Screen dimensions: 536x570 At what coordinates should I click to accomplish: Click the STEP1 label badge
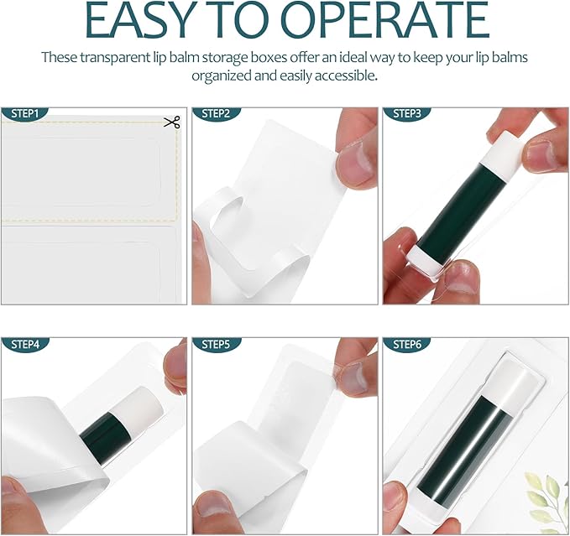(24, 113)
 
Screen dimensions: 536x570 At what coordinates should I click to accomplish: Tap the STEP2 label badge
(215, 113)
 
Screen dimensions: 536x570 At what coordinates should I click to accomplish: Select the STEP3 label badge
(405, 113)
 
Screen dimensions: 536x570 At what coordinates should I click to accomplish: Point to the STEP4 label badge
(24, 344)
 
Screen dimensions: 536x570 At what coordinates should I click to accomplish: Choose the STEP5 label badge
(215, 344)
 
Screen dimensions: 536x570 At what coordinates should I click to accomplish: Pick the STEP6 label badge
(405, 344)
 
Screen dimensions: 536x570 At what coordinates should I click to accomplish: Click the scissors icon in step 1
(172, 123)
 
